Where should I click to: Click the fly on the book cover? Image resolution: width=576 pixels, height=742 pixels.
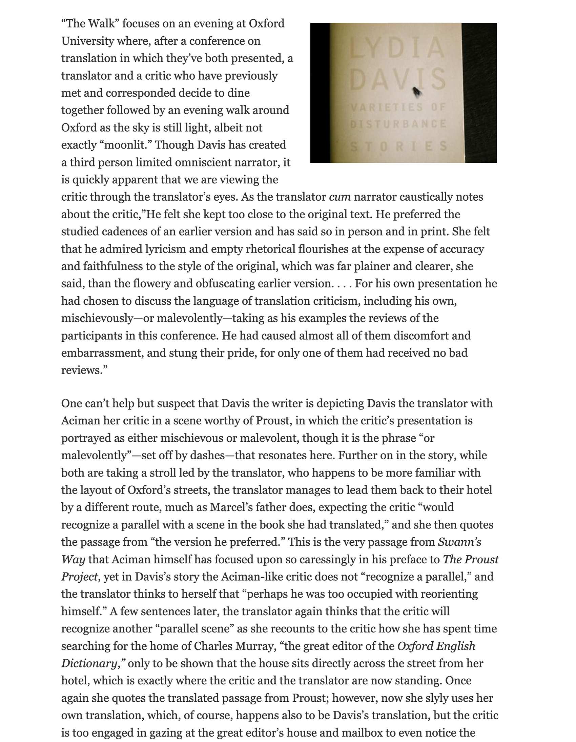point(417,92)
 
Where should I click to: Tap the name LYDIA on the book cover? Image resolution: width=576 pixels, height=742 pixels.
point(397,48)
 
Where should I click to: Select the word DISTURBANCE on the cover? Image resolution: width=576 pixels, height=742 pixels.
point(398,124)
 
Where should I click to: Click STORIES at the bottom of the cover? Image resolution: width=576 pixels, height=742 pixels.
point(399,146)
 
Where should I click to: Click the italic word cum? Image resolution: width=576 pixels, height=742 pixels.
point(340,197)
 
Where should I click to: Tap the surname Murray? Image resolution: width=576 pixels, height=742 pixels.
point(257,646)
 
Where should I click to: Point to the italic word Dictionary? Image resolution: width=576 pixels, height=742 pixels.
point(89,663)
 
